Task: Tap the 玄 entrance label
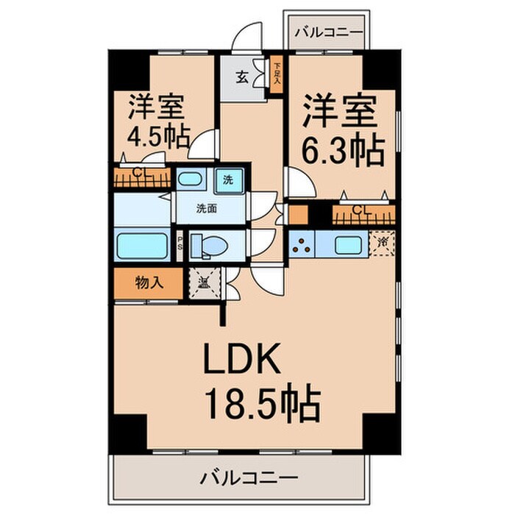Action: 241,77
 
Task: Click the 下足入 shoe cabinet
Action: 277,74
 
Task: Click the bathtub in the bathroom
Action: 143,244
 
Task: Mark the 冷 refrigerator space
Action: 382,242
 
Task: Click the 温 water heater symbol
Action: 203,281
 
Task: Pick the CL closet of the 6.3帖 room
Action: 363,213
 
